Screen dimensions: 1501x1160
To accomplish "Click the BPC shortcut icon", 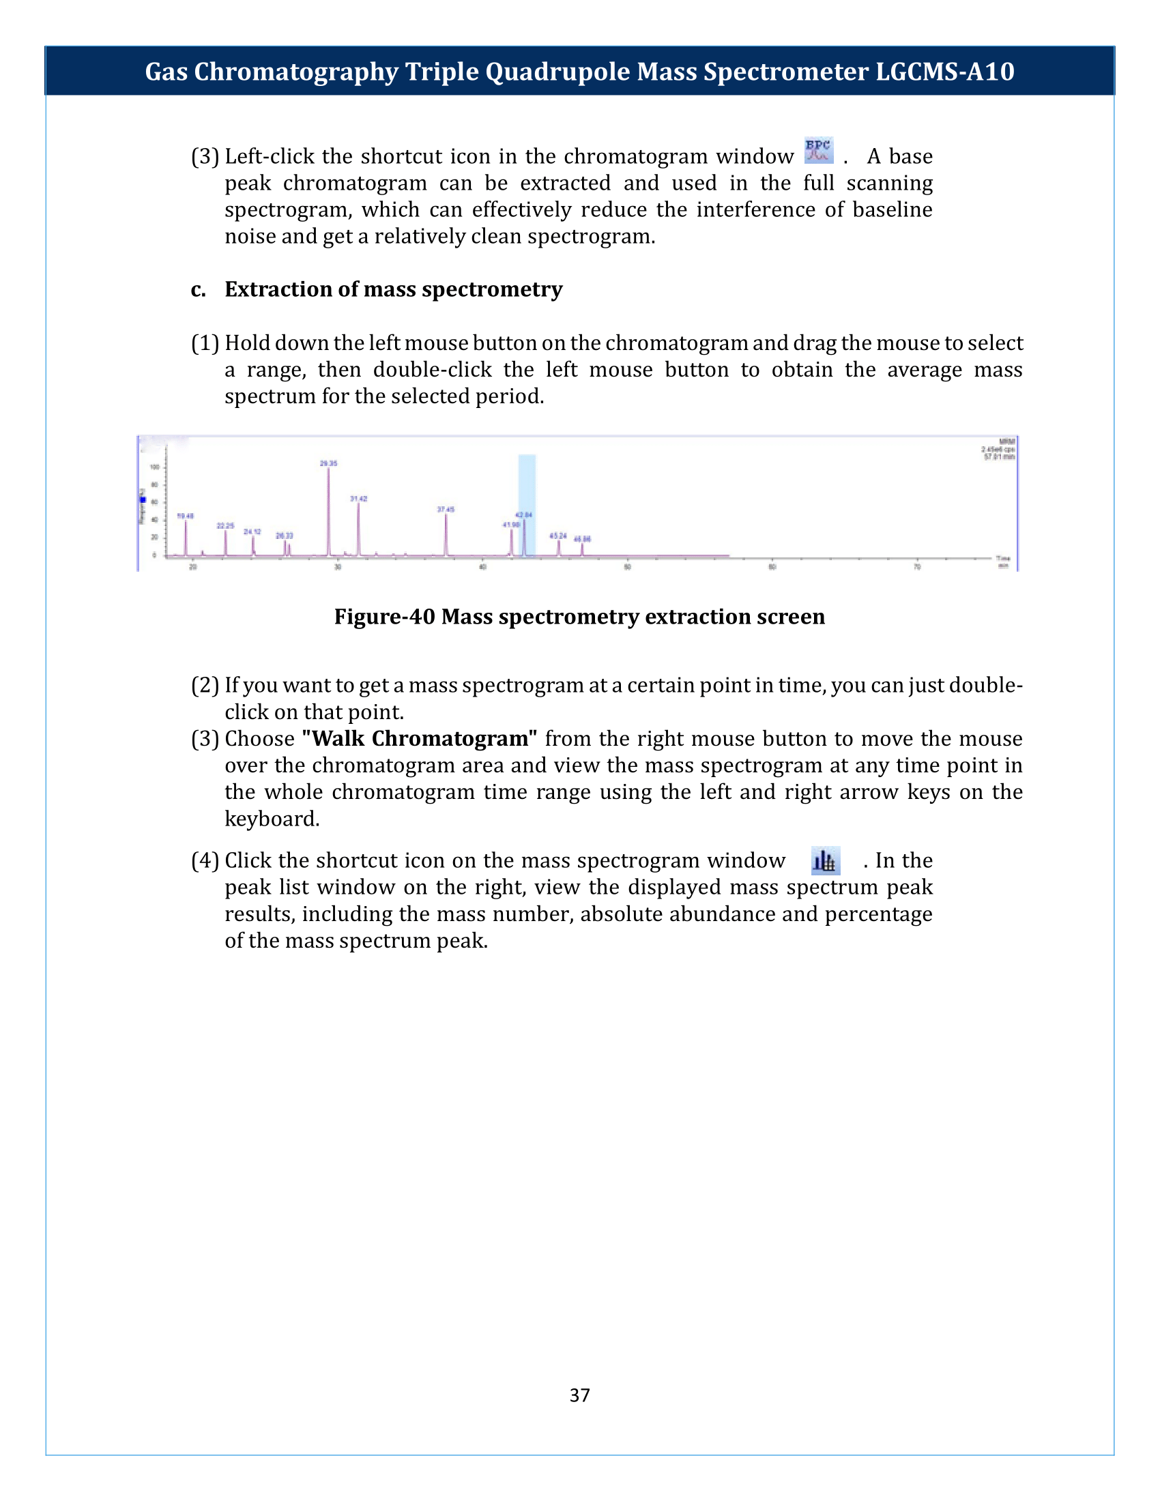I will pos(818,151).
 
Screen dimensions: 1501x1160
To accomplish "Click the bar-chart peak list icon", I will pos(825,860).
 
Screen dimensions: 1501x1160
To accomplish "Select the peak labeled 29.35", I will pos(328,508).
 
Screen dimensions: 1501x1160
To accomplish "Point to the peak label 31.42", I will pos(359,498).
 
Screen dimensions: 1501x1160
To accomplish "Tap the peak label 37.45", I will pos(446,509).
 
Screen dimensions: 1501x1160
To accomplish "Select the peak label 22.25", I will pos(225,526).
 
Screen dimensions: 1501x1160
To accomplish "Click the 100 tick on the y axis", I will pos(155,467).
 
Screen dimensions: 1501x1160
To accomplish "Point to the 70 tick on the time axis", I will pos(916,567).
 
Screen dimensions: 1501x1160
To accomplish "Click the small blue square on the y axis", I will pos(143,499).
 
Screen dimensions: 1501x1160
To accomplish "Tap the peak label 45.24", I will pos(558,536).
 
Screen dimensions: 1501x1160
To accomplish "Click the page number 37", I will pos(579,1395).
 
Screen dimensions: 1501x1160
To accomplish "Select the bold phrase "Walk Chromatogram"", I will pos(420,739).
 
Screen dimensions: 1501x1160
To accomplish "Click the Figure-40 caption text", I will pos(579,617).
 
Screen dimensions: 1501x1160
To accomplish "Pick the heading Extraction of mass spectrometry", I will pos(393,289).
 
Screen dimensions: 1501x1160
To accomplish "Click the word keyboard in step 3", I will pos(272,819).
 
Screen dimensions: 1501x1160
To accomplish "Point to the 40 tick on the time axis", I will pos(482,567).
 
